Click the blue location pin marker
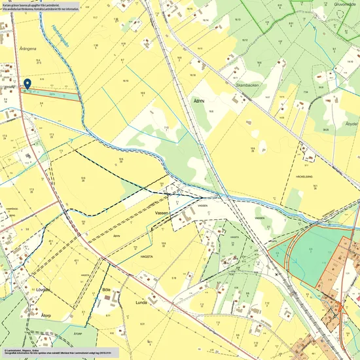[x=27, y=84]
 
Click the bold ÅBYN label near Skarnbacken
[x=200, y=101]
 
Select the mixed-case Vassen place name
[x=162, y=213]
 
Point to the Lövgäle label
[x=43, y=288]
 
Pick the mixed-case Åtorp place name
[x=46, y=315]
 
